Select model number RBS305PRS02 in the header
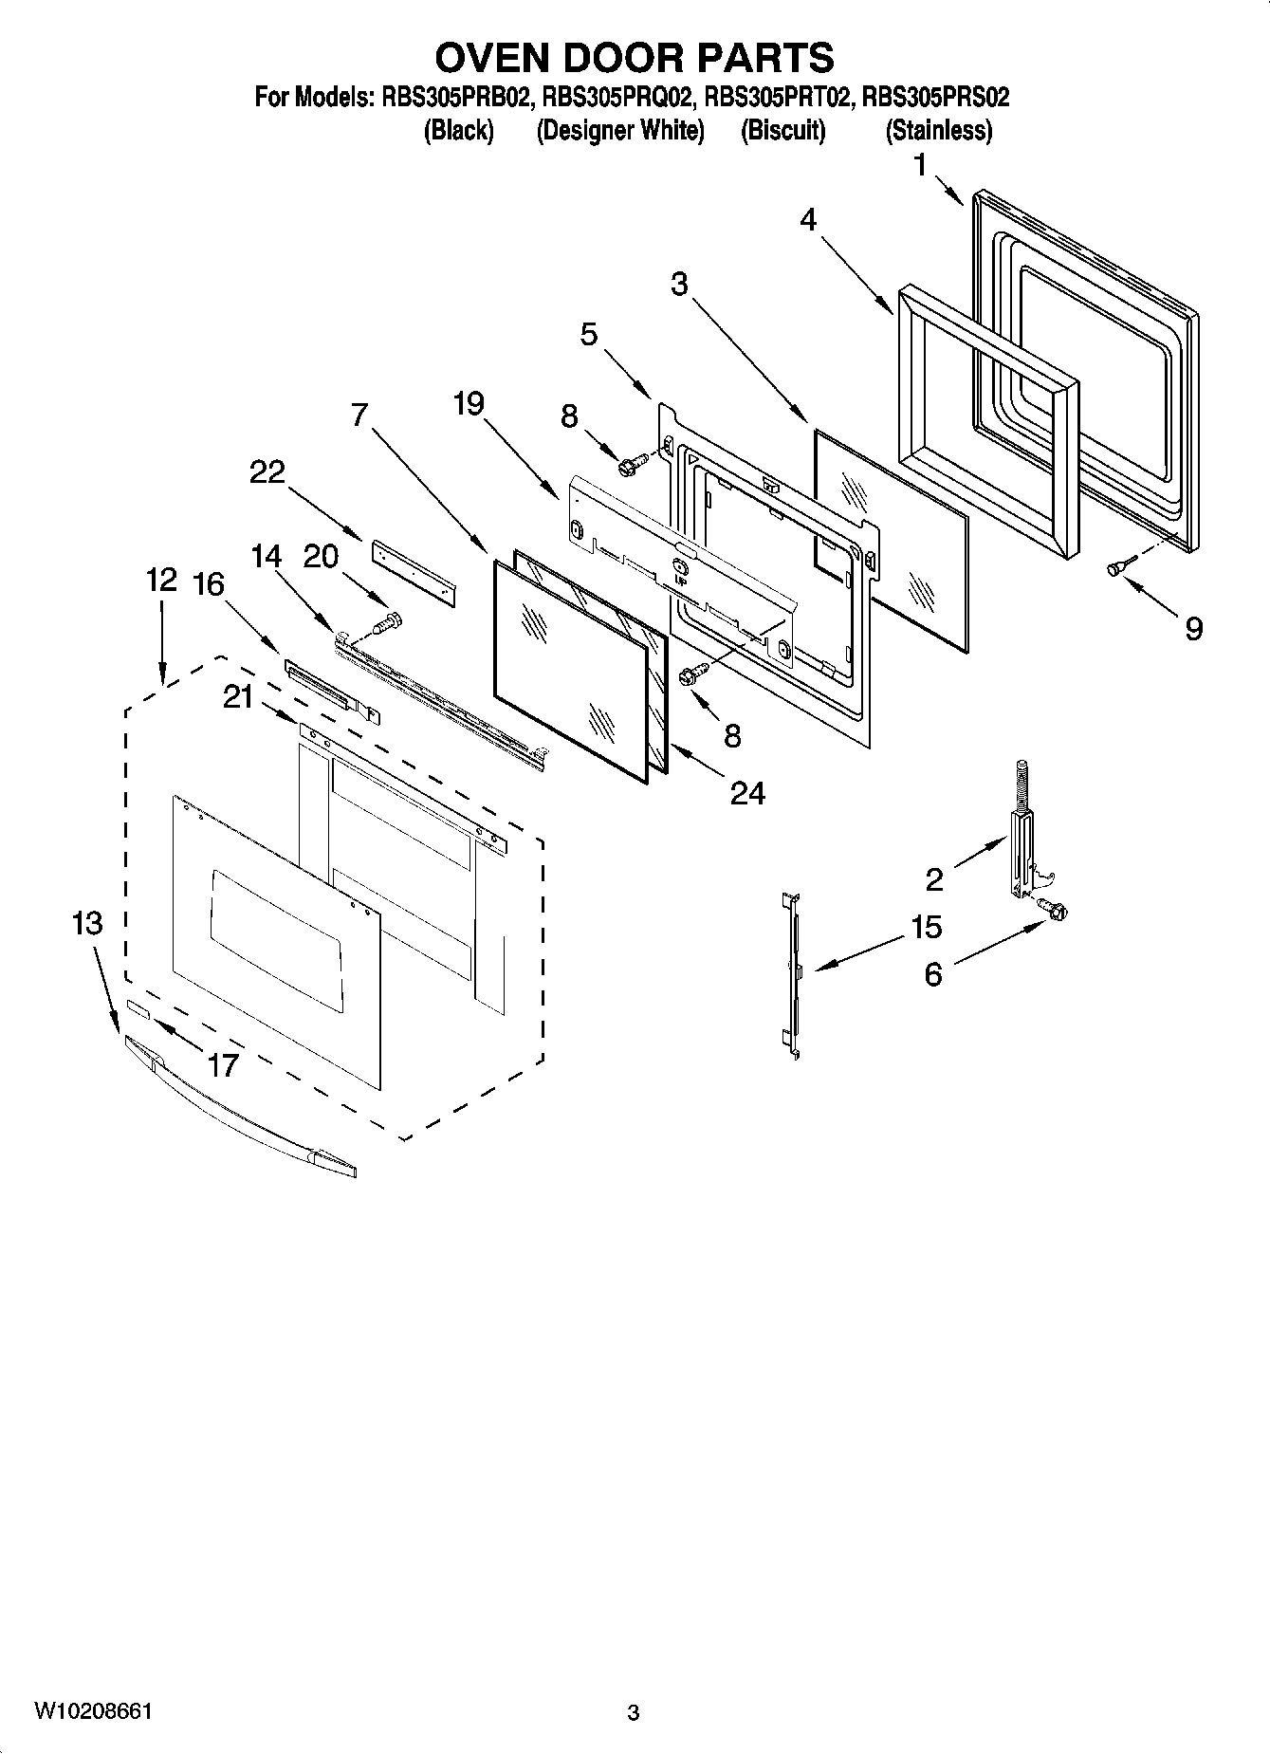coord(935,97)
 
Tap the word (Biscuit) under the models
coord(782,130)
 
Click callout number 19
coord(469,404)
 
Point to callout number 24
coord(747,792)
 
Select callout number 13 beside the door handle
coord(86,922)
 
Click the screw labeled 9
coord(1115,567)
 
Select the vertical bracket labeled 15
coord(791,972)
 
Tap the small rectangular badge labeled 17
coord(138,1008)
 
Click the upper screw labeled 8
coord(632,464)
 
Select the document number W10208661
coord(93,1710)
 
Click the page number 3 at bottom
coord(634,1712)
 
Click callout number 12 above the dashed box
coord(161,580)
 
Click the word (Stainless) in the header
coord(938,130)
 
